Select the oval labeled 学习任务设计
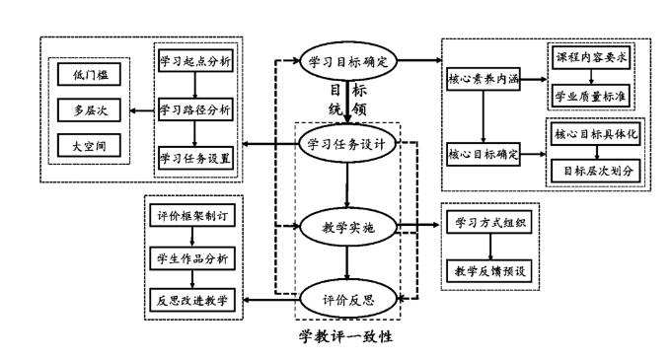(347, 146)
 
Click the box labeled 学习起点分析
(197, 61)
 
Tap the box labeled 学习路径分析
(197, 108)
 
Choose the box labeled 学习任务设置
(197, 156)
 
